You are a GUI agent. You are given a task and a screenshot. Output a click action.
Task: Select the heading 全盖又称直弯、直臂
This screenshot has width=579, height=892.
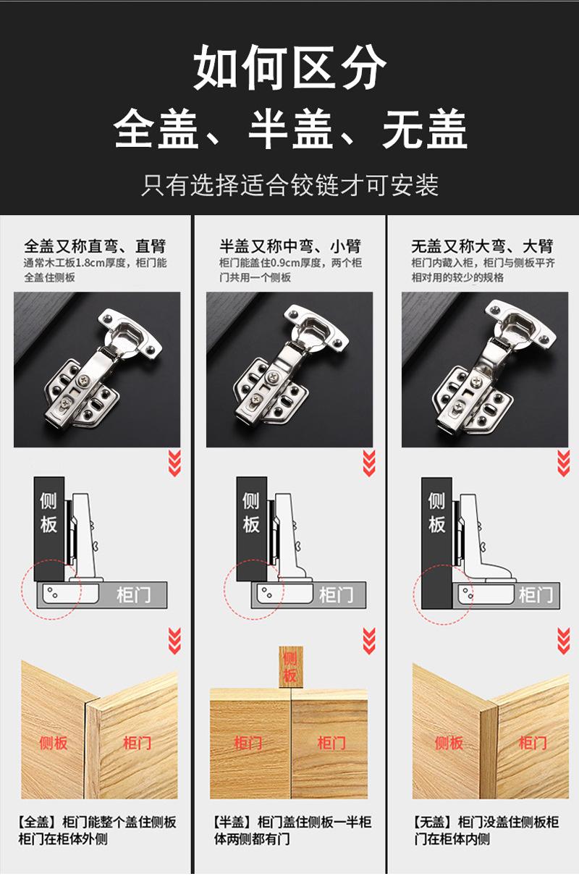pyautogui.click(x=95, y=246)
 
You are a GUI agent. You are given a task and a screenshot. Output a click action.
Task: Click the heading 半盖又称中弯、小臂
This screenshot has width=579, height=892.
pyautogui.click(x=290, y=246)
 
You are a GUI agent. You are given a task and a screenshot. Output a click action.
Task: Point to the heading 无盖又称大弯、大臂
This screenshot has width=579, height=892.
pyautogui.click(x=482, y=246)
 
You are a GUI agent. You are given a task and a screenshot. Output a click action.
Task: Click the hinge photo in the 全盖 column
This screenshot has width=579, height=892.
pyautogui.click(x=97, y=369)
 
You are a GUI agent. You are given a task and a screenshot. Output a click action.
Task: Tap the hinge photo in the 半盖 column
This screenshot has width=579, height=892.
pyautogui.click(x=289, y=369)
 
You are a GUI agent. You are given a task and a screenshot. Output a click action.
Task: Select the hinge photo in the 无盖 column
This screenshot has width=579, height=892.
pyautogui.click(x=485, y=369)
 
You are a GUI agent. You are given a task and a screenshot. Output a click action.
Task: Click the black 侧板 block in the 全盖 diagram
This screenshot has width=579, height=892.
pyautogui.click(x=49, y=529)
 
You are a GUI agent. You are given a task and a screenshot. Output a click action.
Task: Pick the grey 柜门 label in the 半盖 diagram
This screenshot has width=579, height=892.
pyautogui.click(x=337, y=595)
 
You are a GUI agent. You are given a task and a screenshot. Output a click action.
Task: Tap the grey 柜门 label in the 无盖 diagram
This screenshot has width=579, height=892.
pyautogui.click(x=536, y=595)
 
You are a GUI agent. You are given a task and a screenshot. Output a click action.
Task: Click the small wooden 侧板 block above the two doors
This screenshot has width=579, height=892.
pyautogui.click(x=291, y=667)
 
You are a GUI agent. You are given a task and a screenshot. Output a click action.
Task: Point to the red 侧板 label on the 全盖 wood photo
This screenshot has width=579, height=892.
pyautogui.click(x=54, y=743)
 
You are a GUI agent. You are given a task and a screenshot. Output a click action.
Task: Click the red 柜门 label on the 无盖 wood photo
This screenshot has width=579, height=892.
pyautogui.click(x=533, y=743)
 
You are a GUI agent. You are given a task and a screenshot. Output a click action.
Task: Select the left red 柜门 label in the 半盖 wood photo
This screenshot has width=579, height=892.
pyautogui.click(x=248, y=743)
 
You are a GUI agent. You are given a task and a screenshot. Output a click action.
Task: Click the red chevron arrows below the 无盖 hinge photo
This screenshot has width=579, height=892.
pyautogui.click(x=564, y=463)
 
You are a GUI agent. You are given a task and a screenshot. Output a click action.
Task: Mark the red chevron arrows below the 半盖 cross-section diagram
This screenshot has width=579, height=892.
pyautogui.click(x=369, y=641)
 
